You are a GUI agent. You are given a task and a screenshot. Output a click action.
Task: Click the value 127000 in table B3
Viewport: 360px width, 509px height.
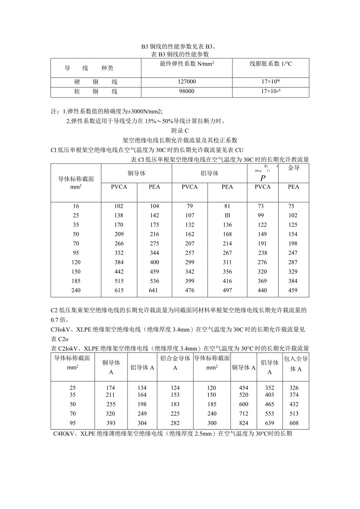pyautogui.click(x=187, y=82)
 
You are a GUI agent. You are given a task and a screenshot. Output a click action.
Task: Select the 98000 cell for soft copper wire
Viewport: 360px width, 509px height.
pyautogui.click(x=187, y=92)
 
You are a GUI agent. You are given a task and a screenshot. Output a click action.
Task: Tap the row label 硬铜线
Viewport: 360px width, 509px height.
pyautogui.click(x=96, y=82)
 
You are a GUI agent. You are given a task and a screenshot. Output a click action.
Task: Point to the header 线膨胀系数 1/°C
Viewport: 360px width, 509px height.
pyautogui.click(x=271, y=63)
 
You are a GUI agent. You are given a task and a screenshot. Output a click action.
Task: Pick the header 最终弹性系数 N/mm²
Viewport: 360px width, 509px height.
pyautogui.click(x=187, y=63)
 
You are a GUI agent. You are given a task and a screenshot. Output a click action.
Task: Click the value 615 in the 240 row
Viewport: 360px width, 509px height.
pyautogui.click(x=119, y=290)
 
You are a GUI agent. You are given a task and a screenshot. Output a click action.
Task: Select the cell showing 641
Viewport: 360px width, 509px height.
pyautogui.click(x=155, y=290)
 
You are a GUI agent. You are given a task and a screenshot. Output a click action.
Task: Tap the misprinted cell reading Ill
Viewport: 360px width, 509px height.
pyautogui.click(x=227, y=216)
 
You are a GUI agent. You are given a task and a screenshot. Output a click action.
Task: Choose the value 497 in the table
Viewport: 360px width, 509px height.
pyautogui.click(x=227, y=290)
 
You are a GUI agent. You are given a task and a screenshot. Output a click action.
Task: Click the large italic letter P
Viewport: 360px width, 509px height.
pyautogui.click(x=263, y=178)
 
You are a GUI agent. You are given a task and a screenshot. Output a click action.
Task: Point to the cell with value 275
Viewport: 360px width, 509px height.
pyautogui.click(x=155, y=244)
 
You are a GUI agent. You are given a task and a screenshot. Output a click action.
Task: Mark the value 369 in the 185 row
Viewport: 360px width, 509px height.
pyautogui.click(x=263, y=281)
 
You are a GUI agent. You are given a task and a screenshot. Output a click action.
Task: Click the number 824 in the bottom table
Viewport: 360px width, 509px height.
pyautogui.click(x=243, y=423)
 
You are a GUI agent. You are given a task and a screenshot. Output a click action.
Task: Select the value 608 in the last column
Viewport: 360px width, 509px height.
pyautogui.click(x=294, y=423)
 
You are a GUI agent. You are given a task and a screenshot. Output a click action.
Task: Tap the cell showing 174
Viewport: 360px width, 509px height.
pyautogui.click(x=111, y=388)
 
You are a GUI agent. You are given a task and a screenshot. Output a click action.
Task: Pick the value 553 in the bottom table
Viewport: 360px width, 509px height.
pyautogui.click(x=270, y=414)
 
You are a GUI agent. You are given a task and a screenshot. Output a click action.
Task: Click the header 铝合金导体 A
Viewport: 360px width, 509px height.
pyautogui.click(x=175, y=363)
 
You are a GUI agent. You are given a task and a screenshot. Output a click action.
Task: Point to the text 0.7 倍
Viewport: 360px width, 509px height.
pyautogui.click(x=59, y=320)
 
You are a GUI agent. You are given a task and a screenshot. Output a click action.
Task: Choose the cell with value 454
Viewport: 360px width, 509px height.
pyautogui.click(x=243, y=388)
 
